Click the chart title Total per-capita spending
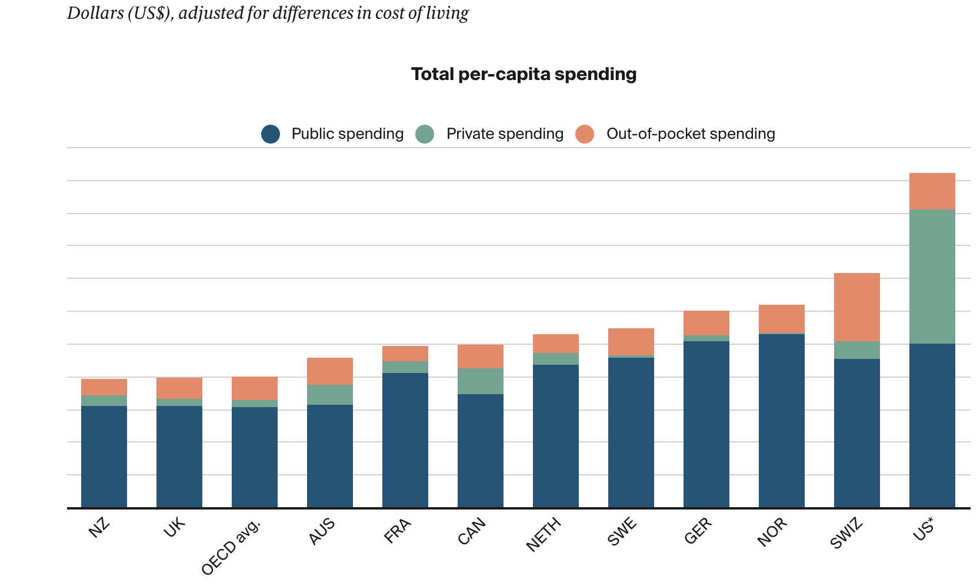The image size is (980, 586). coord(524,74)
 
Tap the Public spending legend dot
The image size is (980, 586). coord(271,134)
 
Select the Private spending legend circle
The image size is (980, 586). coord(425,134)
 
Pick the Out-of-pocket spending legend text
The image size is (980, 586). coord(691,134)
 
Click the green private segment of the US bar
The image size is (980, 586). coord(932,277)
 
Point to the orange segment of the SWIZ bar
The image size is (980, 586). coord(856,307)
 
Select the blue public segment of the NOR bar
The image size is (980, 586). coord(781,421)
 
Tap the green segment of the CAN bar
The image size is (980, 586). coord(480,381)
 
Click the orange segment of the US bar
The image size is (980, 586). coord(932,191)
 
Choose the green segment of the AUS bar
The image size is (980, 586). coord(329,395)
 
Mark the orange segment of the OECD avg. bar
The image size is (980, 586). coord(254,388)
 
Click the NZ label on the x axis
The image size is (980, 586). coord(99,527)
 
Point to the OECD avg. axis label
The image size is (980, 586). coord(231,547)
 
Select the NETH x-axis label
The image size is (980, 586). coord(543,534)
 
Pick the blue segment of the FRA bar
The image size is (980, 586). coord(405,440)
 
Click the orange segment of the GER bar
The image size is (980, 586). coord(706,323)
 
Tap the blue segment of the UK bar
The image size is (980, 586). coord(179,457)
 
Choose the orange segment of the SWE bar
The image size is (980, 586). coord(631,342)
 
